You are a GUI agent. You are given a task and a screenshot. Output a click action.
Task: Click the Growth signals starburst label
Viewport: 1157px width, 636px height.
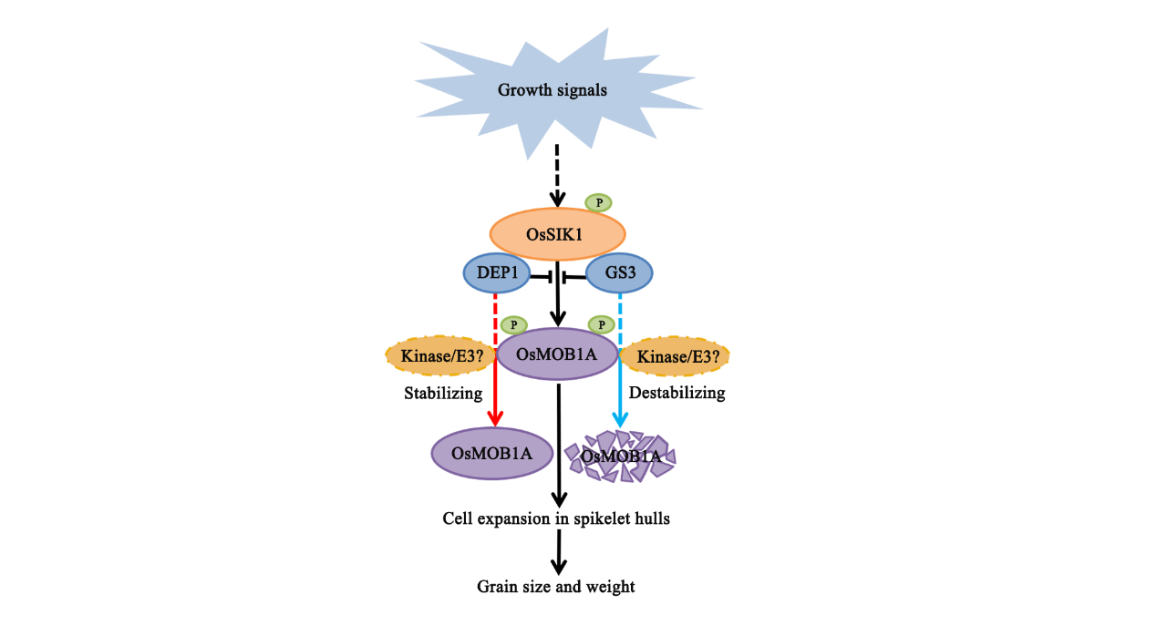coord(552,90)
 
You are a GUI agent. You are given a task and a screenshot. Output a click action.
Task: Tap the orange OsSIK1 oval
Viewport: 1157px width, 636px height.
coord(557,234)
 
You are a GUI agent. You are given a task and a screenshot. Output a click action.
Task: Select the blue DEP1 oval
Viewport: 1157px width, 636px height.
coord(497,272)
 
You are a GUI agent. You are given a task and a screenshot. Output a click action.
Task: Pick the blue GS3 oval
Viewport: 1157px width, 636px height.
coord(619,272)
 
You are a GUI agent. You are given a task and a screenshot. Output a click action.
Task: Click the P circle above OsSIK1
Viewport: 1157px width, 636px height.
coord(598,202)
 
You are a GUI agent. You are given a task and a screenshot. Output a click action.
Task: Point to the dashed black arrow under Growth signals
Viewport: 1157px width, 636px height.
coord(558,173)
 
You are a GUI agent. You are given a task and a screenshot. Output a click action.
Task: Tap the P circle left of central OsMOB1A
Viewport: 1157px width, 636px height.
coord(514,324)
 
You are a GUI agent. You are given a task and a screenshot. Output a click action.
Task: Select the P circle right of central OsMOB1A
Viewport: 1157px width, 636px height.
coord(601,324)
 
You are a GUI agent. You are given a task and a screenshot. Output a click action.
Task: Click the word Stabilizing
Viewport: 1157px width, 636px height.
coord(442,394)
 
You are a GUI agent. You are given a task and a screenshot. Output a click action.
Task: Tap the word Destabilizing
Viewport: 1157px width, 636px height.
coord(677,394)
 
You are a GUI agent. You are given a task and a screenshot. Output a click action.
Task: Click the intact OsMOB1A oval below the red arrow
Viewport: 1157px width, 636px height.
coord(493,453)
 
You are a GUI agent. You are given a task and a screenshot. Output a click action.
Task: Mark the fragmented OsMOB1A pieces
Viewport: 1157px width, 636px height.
coord(620,454)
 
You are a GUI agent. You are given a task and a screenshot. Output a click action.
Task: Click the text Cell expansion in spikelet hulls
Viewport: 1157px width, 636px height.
coord(556,518)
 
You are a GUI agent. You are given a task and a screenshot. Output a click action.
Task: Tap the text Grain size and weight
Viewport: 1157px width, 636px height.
coord(556,587)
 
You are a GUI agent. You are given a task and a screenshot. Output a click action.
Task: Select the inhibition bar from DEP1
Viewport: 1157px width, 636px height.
coord(542,274)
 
